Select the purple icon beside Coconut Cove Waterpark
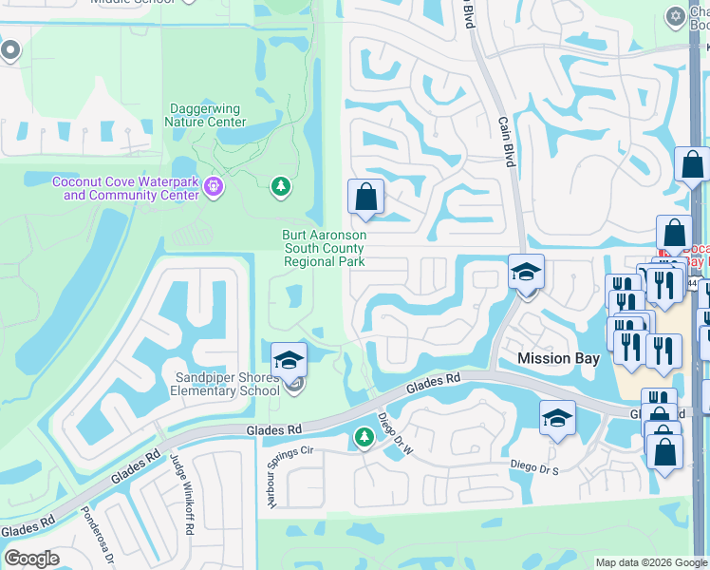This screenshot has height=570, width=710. point(214,187)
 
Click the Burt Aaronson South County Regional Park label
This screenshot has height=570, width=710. point(324,248)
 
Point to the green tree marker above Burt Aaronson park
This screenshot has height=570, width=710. point(280,185)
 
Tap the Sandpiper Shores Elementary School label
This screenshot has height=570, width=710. point(227,384)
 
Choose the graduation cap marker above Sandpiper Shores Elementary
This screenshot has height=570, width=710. point(289,359)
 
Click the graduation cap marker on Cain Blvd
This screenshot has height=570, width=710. point(526,272)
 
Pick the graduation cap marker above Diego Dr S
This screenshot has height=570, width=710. point(557,418)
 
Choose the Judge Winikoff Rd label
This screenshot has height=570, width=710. point(182,484)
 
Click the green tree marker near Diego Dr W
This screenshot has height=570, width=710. point(363,437)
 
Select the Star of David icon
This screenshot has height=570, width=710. point(675,15)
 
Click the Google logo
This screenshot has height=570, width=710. point(31,559)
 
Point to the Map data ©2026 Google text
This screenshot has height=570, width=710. point(651,562)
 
